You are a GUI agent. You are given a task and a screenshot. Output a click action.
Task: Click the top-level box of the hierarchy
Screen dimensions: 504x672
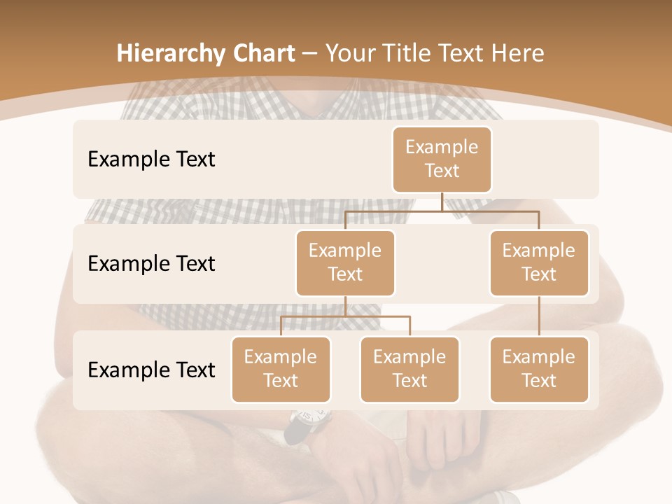click(442, 159)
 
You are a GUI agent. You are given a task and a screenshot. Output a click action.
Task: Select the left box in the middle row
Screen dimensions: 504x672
click(345, 262)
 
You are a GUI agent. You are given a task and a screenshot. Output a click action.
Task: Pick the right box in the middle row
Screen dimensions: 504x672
click(539, 262)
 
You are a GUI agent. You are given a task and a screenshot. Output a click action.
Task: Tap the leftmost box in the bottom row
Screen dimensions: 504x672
click(281, 369)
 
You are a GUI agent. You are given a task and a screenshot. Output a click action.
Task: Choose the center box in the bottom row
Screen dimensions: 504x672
click(409, 369)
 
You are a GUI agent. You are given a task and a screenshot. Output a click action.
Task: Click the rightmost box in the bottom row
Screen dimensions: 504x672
click(539, 369)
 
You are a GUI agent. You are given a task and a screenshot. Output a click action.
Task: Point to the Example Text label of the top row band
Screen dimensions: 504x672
click(151, 159)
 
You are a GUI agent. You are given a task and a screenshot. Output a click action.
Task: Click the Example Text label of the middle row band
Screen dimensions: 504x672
click(151, 263)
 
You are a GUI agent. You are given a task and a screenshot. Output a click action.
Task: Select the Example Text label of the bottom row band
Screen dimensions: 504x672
click(151, 370)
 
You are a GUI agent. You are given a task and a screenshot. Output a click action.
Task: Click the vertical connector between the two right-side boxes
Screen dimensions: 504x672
click(539, 316)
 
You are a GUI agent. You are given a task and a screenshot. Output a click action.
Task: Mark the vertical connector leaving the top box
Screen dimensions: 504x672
click(442, 201)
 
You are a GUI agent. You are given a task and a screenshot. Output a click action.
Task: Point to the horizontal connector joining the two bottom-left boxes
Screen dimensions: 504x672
click(345, 316)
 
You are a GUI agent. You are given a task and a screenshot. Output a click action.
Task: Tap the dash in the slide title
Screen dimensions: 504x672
click(310, 53)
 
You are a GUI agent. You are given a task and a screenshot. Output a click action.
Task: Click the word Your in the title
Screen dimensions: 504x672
click(350, 53)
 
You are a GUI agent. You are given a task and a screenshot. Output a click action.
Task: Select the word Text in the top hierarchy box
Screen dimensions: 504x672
click(442, 171)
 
